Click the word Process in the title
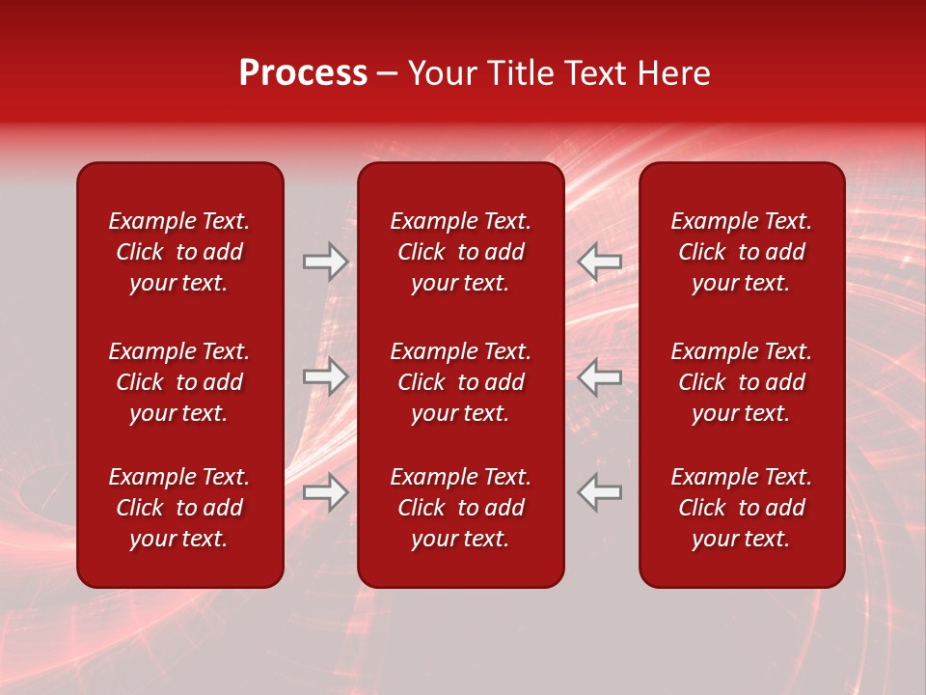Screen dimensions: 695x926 pos(303,73)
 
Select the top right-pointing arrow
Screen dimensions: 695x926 pos(325,262)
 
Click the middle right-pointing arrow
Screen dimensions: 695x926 pos(325,376)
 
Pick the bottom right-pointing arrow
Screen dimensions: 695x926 pos(325,492)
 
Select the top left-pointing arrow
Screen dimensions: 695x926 pos(600,262)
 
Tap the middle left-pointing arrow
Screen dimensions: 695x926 pos(600,376)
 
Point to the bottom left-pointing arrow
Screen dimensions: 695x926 pos(600,492)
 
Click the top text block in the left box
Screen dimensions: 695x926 pos(179,252)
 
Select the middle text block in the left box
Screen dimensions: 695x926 pos(179,382)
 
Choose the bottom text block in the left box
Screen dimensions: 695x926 pos(179,508)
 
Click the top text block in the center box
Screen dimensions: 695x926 pos(460,252)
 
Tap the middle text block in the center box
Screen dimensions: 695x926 pos(460,382)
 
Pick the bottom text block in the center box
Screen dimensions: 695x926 pos(460,508)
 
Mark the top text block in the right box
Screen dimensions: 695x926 pos(741,252)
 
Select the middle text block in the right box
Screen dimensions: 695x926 pos(741,382)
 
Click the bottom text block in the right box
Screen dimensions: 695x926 pos(741,508)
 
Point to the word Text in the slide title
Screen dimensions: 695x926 pos(596,73)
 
